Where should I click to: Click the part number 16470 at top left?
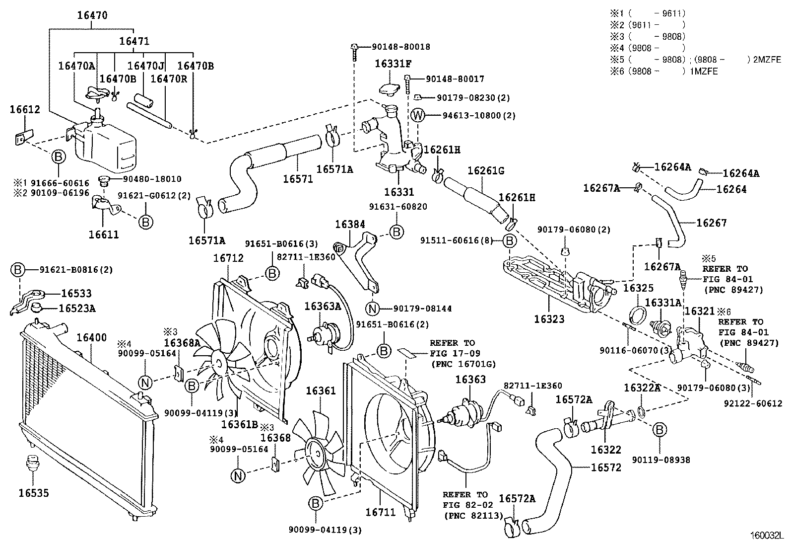point(92,15)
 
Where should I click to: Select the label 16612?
point(24,109)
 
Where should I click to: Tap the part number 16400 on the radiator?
point(91,338)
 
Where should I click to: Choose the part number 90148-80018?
point(401,47)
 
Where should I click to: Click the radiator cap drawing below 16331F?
point(390,89)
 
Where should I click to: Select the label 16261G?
point(486,171)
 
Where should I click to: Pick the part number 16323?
point(549,319)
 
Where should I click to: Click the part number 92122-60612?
point(758,404)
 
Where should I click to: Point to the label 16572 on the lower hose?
point(605,468)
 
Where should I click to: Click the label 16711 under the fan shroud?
point(381,511)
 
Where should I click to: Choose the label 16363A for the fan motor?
point(323,307)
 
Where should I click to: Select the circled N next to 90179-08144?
point(373,309)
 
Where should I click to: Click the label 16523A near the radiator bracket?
point(77,309)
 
